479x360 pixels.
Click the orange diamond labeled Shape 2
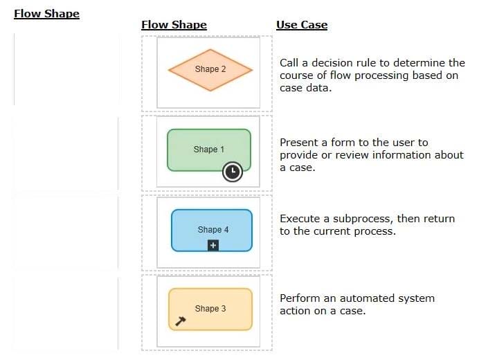(x=210, y=70)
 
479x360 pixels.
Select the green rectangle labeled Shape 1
(x=209, y=150)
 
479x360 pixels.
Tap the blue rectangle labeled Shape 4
(x=212, y=230)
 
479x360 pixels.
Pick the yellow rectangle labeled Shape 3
(x=210, y=309)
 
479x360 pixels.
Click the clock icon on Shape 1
(x=233, y=172)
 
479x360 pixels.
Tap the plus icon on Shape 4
(x=213, y=245)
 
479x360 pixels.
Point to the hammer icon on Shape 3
(x=180, y=321)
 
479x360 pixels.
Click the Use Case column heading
(x=302, y=25)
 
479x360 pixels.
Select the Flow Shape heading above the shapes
(x=174, y=25)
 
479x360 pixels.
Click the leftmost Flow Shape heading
(x=47, y=14)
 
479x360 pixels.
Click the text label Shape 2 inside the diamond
(x=210, y=69)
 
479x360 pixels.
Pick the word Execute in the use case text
(x=300, y=219)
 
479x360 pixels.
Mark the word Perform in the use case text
(x=300, y=298)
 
